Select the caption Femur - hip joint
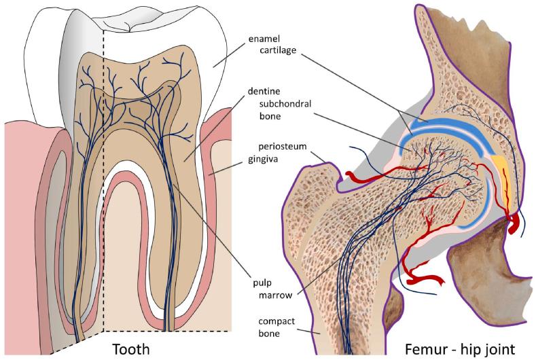pos(459,348)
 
